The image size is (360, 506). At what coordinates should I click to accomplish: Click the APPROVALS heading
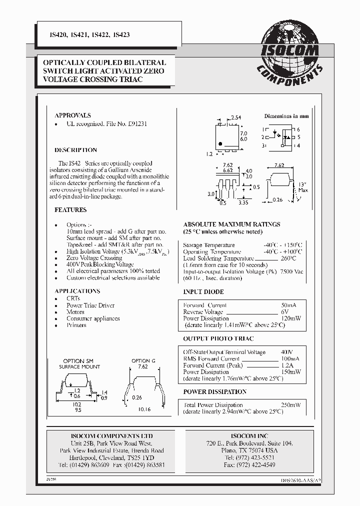pyautogui.click(x=72, y=115)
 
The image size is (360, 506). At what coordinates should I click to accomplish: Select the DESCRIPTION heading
pyautogui.click(x=75, y=150)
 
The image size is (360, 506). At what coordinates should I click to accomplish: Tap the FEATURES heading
pyautogui.click(x=70, y=210)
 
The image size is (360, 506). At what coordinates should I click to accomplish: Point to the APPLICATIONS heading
pyautogui.click(x=77, y=291)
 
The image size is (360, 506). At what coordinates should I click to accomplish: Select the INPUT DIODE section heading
pyautogui.click(x=203, y=292)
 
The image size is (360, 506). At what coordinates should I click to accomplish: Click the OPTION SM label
pyautogui.click(x=78, y=360)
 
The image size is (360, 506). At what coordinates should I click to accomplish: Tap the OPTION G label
pyautogui.click(x=143, y=360)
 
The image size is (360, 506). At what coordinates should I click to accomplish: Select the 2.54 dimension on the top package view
pyautogui.click(x=235, y=118)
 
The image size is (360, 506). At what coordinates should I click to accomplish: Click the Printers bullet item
pyautogui.click(x=76, y=325)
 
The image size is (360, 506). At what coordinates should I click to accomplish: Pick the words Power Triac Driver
pyautogui.click(x=90, y=305)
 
